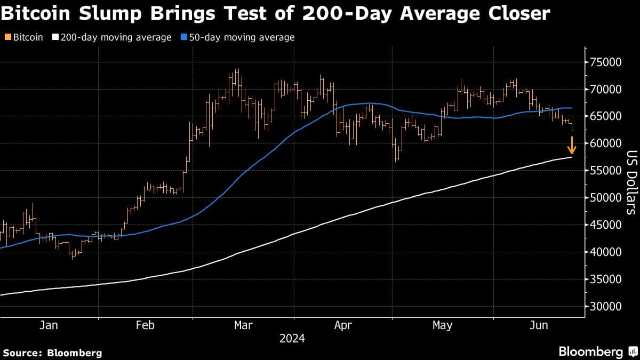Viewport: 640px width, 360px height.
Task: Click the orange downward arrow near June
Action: point(571,145)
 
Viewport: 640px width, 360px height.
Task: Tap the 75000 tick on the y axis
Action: point(604,62)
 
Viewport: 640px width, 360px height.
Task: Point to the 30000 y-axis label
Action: point(604,307)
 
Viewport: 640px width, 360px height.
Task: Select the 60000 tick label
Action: point(604,143)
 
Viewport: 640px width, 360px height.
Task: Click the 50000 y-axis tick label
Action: point(604,198)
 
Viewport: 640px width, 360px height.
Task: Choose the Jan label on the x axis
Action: point(49,325)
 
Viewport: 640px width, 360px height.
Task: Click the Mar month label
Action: point(244,325)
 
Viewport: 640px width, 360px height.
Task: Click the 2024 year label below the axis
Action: point(292,339)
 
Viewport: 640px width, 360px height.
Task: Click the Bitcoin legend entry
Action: point(25,37)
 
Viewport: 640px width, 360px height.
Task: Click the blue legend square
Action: point(184,37)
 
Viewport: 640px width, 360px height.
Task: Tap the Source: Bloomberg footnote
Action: point(52,353)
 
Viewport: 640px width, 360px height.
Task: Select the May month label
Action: point(442,325)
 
